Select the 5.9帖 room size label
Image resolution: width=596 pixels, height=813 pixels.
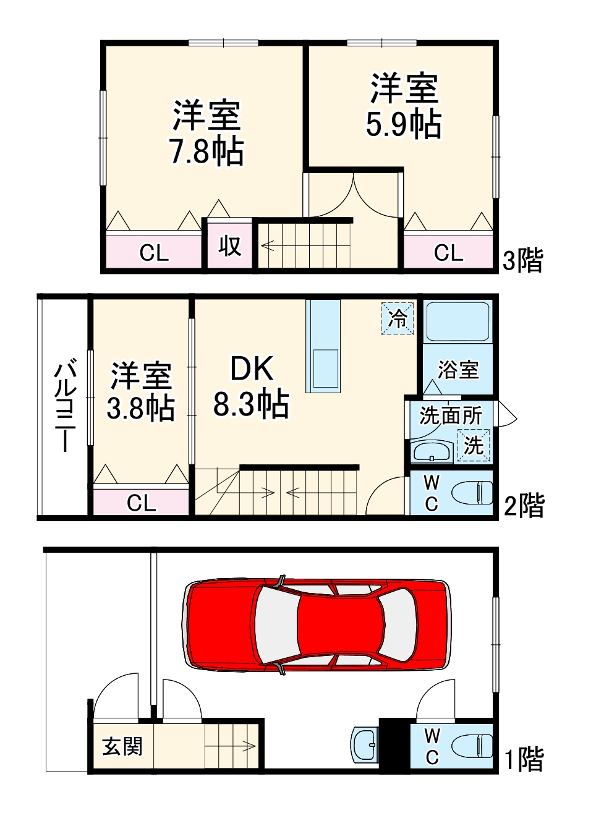[x=403, y=124]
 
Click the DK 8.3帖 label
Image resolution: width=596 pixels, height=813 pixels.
[x=252, y=386]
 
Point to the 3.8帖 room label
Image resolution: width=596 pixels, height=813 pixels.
[x=140, y=408]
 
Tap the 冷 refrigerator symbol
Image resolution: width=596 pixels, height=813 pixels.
[x=398, y=318]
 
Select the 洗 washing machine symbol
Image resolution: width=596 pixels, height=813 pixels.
[x=473, y=445]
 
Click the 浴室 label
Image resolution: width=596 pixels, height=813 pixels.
[x=458, y=370]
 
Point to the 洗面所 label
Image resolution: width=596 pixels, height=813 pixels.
[x=451, y=415]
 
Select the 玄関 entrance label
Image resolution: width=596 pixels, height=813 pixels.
[x=122, y=746]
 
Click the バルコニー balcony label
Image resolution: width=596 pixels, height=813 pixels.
[x=66, y=405]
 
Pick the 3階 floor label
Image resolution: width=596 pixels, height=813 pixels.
[x=523, y=260]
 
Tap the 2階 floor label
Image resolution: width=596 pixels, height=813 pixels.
[x=524, y=505]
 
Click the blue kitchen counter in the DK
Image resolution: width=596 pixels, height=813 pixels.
[x=323, y=346]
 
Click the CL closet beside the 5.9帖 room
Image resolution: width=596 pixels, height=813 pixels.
[x=448, y=252]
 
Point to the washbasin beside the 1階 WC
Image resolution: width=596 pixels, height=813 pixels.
[x=364, y=746]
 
